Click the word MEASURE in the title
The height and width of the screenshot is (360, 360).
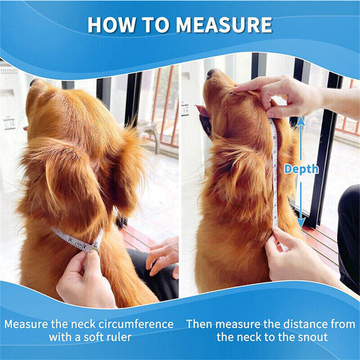[x=225, y=25]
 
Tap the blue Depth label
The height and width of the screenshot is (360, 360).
[x=302, y=169]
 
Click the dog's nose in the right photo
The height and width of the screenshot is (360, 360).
[x=211, y=73]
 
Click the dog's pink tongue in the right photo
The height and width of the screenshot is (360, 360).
[x=202, y=112]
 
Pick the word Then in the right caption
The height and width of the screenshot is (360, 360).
[x=199, y=324]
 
